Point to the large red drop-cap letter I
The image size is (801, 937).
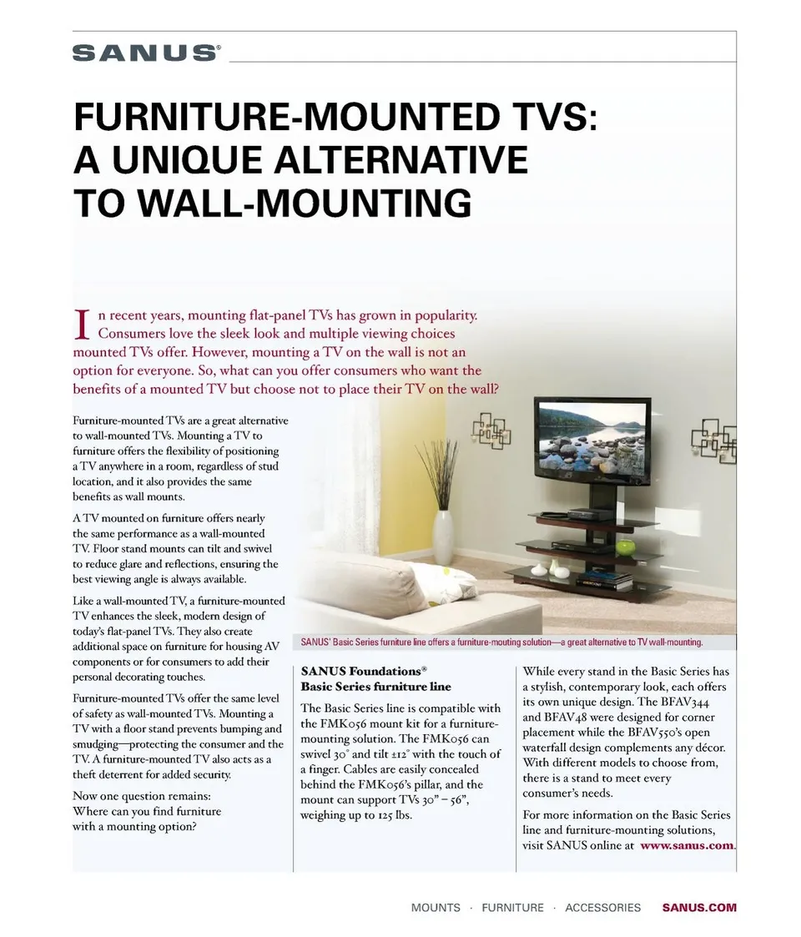pyautogui.click(x=82, y=324)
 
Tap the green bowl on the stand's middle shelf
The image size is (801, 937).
pyautogui.click(x=625, y=547)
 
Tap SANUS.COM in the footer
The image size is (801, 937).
pyautogui.click(x=699, y=908)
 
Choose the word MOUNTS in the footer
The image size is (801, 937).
pyautogui.click(x=436, y=908)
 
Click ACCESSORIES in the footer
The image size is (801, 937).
pyautogui.click(x=602, y=908)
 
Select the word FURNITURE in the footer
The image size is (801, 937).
pyautogui.click(x=512, y=908)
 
